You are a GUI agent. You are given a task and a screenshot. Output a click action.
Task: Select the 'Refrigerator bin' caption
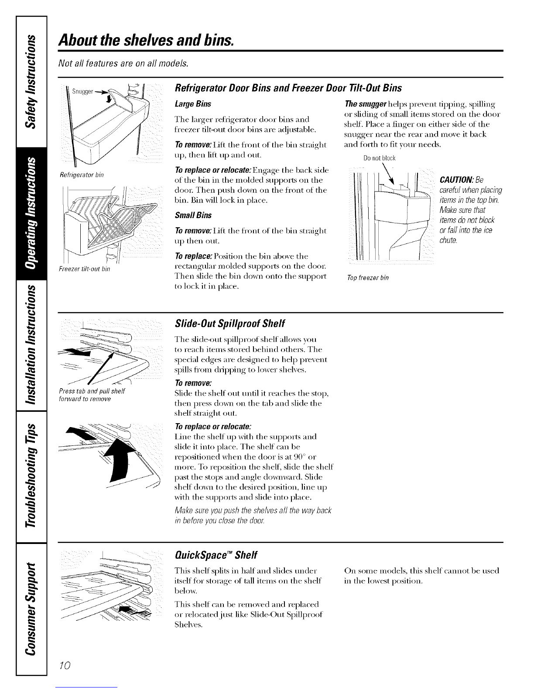tap(81, 175)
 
